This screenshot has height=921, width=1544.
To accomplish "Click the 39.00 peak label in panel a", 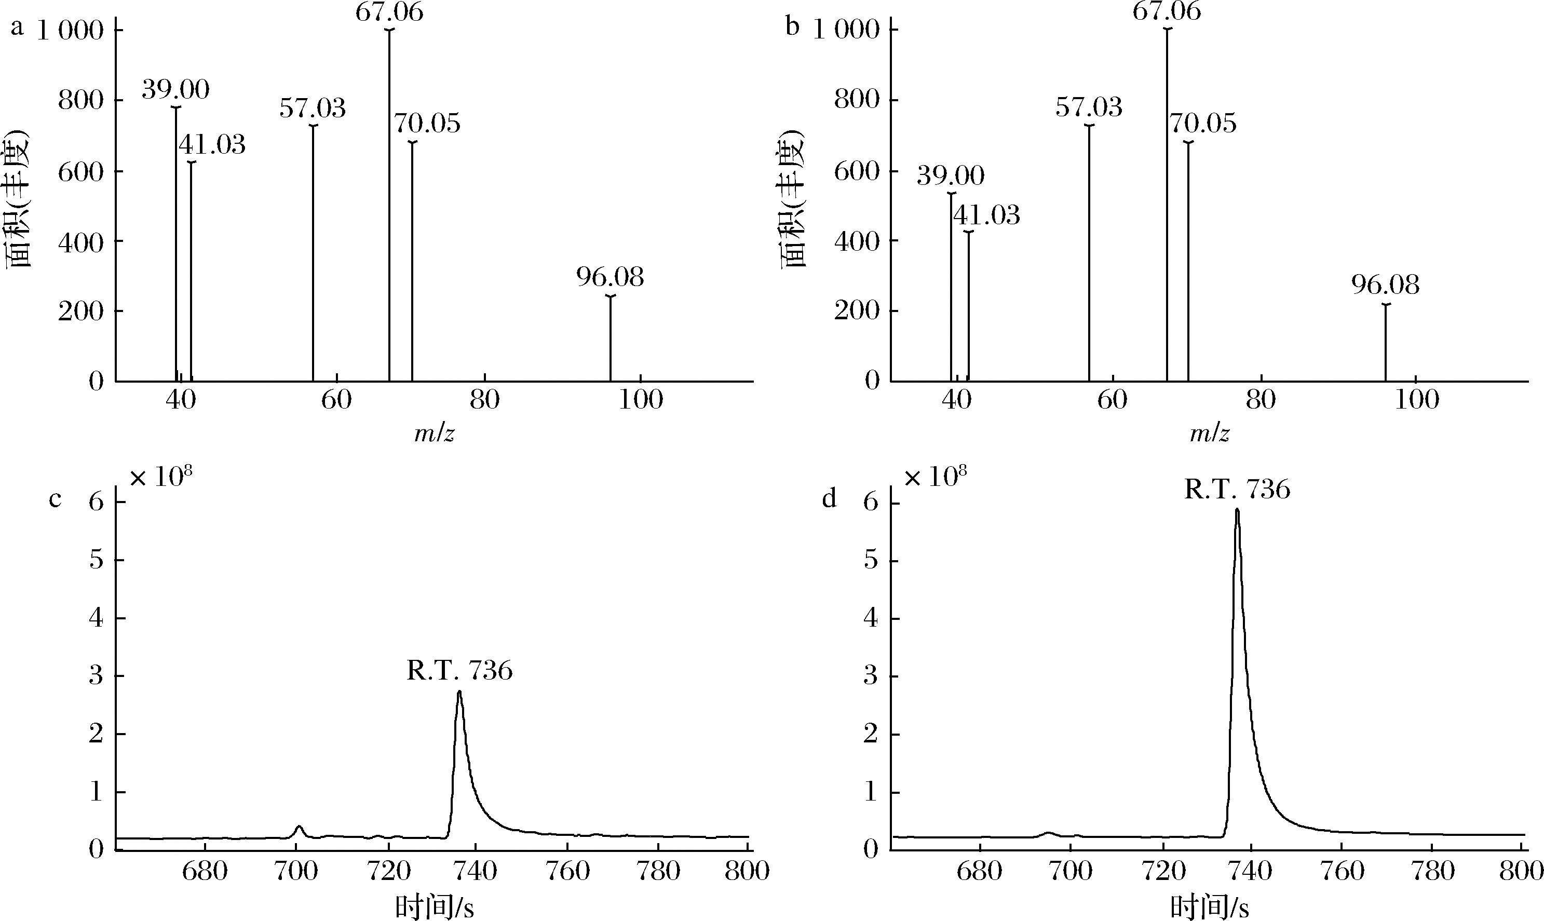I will point(175,90).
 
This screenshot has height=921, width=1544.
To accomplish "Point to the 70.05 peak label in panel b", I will point(1203,124).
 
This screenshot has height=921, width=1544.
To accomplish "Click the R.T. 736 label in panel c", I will point(460,671).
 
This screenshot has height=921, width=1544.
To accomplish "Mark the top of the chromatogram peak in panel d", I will point(1237,510).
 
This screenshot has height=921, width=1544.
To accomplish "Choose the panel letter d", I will point(829,498).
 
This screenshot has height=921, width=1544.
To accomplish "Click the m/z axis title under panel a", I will point(435,433).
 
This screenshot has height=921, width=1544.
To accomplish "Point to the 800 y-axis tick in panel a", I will point(80,101).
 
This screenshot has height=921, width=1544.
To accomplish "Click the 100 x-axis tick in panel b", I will point(1416,400).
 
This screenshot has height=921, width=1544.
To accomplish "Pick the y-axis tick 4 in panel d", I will point(871,618).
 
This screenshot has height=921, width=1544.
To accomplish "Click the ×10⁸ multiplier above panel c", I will point(160,478).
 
